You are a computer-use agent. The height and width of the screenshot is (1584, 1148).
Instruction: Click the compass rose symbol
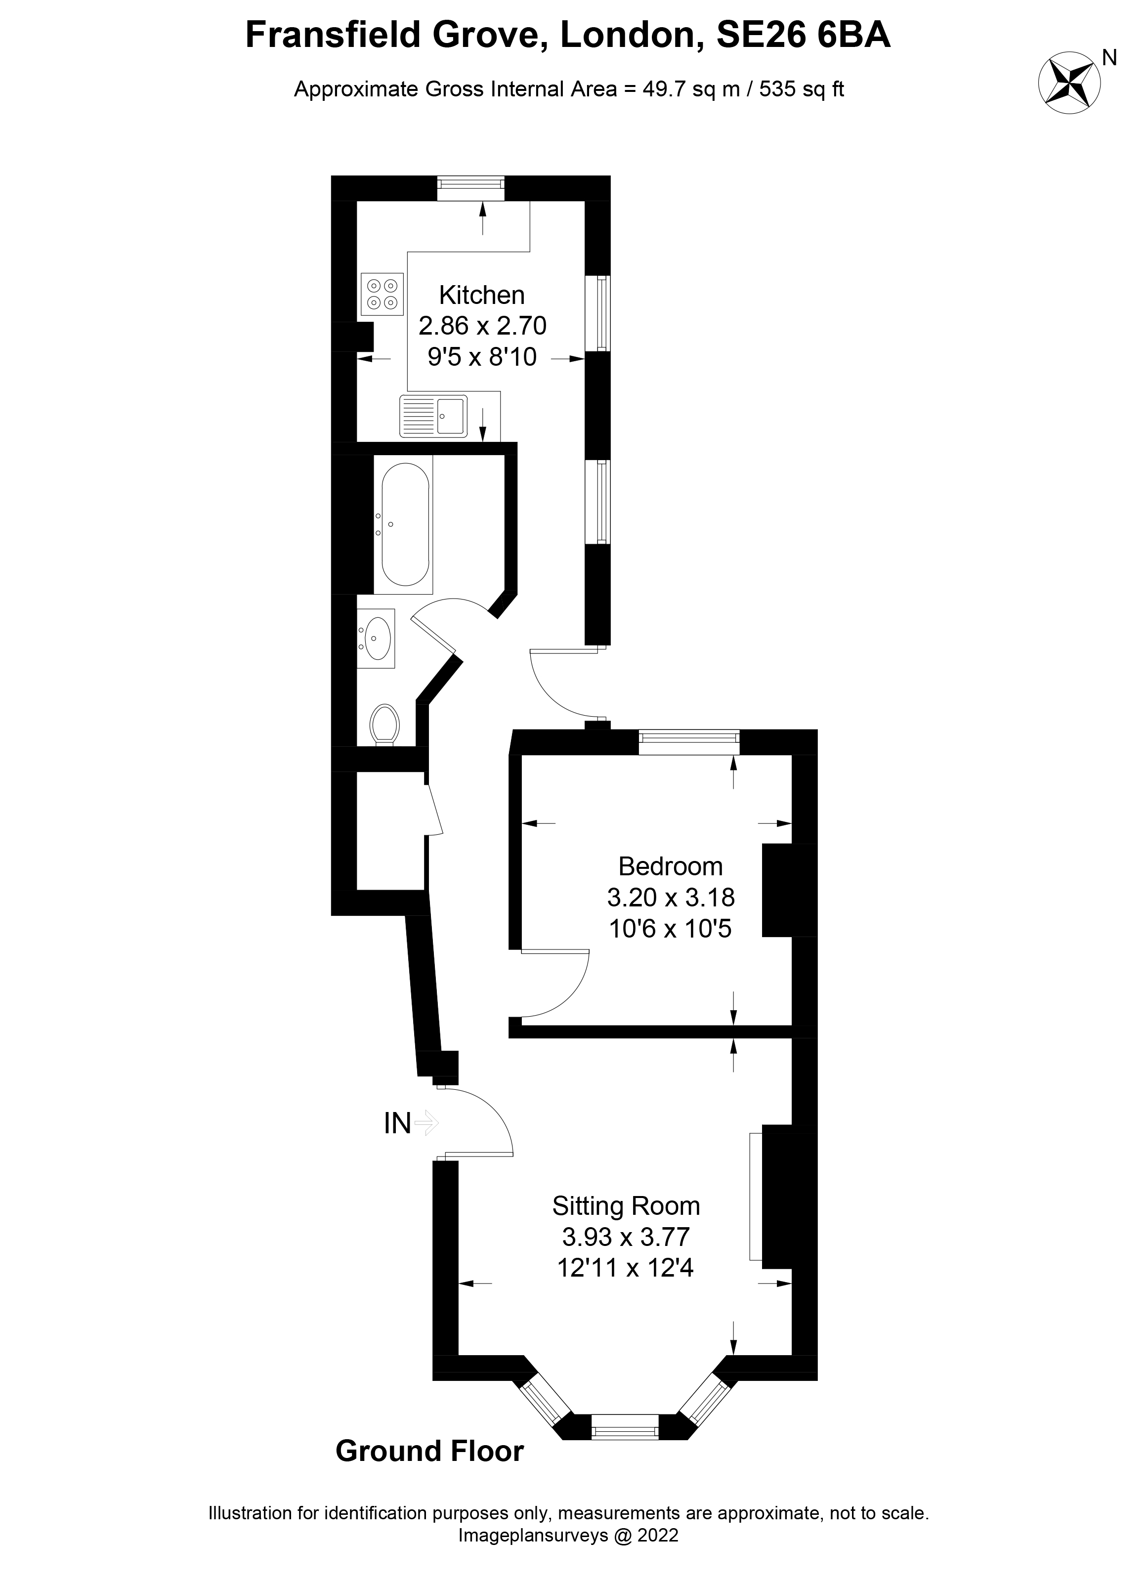click(1069, 83)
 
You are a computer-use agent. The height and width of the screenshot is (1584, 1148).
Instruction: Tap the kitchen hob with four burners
click(382, 294)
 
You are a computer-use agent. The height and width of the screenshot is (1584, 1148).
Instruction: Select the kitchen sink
click(433, 416)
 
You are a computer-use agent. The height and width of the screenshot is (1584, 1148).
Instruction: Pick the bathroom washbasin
click(377, 638)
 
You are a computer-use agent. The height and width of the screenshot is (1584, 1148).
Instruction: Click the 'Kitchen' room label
click(482, 296)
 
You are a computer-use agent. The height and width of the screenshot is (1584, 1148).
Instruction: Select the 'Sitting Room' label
click(626, 1206)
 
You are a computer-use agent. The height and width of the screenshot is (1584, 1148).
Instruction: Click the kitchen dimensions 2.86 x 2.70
click(482, 326)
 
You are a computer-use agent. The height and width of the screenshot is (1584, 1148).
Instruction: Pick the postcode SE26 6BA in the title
click(804, 36)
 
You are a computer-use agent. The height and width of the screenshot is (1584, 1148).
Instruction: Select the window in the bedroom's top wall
click(688, 742)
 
